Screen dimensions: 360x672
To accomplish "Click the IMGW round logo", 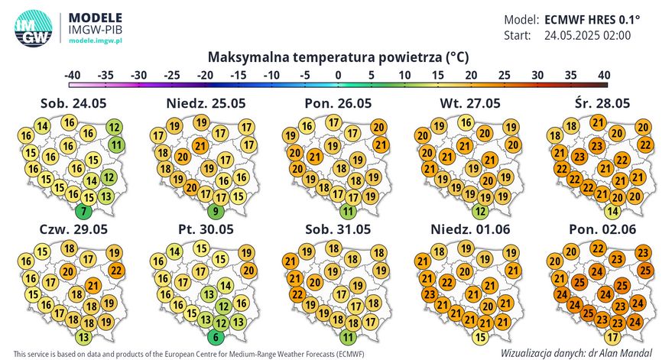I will [33, 28].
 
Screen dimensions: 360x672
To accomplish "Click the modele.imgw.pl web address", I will [96, 38].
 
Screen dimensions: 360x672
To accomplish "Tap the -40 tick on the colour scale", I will [73, 75].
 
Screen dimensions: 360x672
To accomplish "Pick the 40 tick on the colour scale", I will [602, 75].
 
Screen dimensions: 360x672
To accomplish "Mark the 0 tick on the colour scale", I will [337, 75].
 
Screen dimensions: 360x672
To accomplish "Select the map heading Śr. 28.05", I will [596, 103].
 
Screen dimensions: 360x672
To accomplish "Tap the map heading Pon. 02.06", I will [596, 229].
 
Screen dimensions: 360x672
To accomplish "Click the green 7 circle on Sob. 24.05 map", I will [84, 210].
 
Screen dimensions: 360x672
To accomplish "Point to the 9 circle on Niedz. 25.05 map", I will [217, 211].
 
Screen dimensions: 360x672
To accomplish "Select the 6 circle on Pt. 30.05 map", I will [217, 336].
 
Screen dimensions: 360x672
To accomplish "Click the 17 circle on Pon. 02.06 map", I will [612, 336].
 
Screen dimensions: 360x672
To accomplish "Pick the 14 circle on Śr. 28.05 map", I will [612, 211].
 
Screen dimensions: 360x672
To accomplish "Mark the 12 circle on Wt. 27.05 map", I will [480, 211].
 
